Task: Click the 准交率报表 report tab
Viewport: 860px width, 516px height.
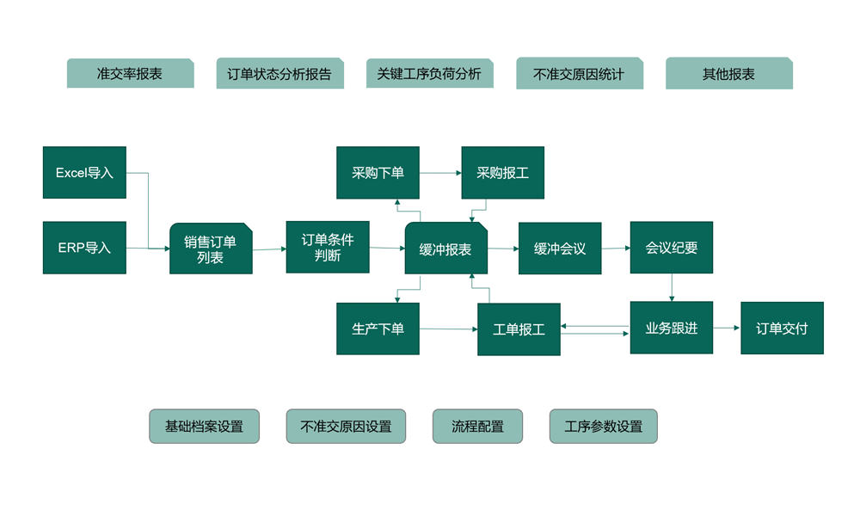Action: [130, 74]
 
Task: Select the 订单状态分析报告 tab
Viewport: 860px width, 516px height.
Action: [279, 74]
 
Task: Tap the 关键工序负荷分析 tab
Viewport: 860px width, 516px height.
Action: [429, 74]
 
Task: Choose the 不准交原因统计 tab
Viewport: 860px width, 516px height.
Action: [579, 74]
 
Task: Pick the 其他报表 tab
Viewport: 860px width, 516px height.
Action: [728, 74]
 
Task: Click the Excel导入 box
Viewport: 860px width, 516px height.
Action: [84, 173]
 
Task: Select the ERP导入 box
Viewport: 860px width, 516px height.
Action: [84, 248]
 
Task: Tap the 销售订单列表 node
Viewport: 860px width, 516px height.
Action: [211, 249]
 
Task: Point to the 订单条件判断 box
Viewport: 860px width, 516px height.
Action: [328, 247]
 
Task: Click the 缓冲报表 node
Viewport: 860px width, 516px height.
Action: [445, 249]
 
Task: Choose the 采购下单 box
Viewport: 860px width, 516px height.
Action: [378, 173]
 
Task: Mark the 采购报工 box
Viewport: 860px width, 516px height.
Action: [502, 173]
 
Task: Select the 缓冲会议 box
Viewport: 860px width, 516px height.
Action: [560, 249]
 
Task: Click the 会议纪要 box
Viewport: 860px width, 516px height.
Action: [672, 248]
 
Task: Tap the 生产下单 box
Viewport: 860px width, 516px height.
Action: [378, 329]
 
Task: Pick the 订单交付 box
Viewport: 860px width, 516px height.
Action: [782, 328]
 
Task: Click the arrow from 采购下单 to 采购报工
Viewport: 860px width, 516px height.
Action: [440, 173]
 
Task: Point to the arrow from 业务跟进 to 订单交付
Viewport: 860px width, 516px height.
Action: [727, 328]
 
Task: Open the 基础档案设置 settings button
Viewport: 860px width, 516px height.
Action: [204, 427]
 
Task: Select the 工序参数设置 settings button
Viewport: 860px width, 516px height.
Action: [603, 427]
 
